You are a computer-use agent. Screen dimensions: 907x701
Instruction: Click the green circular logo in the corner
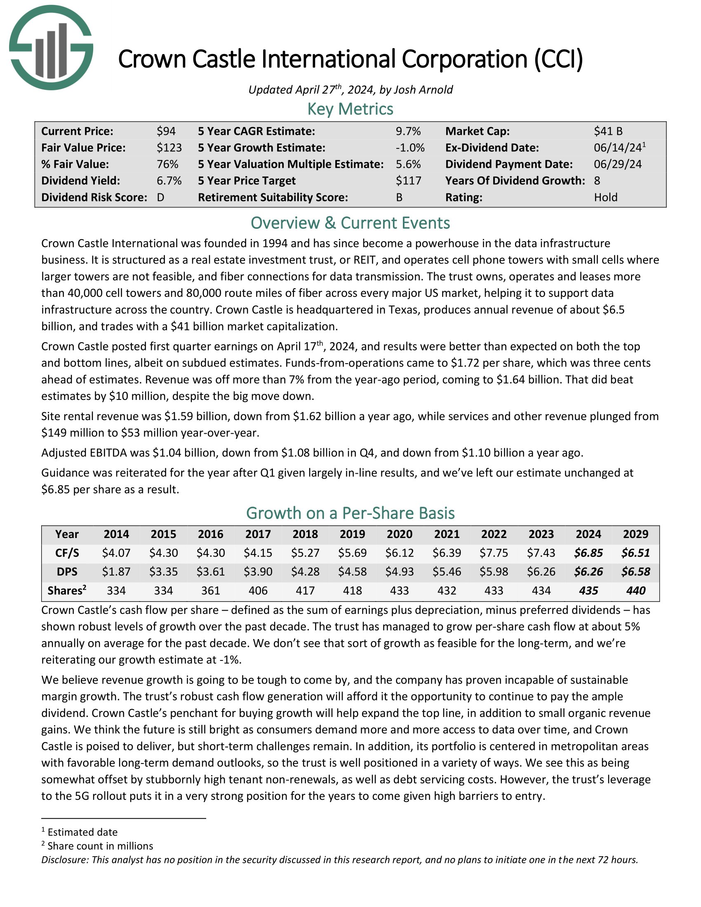click(51, 47)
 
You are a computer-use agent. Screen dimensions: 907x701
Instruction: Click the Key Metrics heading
click(350, 109)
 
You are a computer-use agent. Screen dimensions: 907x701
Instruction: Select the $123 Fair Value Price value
click(169, 148)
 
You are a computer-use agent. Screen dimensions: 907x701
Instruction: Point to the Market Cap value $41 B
click(608, 131)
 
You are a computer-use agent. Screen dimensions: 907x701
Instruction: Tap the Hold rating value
click(605, 197)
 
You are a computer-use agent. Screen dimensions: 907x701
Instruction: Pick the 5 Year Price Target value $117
click(408, 181)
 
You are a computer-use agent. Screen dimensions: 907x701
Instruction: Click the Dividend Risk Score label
click(94, 197)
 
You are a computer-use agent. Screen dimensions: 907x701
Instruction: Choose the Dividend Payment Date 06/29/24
click(618, 164)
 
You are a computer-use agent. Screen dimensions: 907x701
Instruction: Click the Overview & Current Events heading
click(350, 223)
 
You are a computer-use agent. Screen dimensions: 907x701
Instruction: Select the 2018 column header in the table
click(305, 534)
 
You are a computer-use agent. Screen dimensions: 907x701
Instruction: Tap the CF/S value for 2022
click(494, 553)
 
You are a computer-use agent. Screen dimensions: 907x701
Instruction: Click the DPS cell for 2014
click(116, 571)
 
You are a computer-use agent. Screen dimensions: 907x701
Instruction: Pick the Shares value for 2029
click(636, 590)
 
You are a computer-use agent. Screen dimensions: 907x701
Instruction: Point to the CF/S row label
click(67, 553)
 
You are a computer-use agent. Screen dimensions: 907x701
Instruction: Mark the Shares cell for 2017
click(258, 590)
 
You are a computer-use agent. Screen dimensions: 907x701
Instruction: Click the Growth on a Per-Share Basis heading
click(350, 513)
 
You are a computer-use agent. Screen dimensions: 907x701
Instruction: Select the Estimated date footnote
click(82, 832)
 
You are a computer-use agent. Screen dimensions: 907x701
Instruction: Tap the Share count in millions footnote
click(100, 846)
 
